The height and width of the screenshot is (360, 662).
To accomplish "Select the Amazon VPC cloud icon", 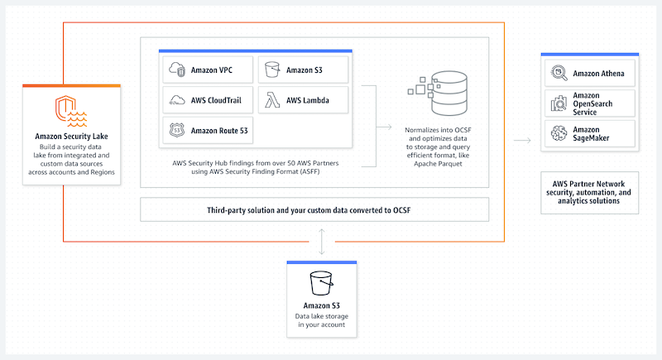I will click(177, 70).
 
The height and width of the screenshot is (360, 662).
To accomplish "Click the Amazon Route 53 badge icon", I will click(177, 130).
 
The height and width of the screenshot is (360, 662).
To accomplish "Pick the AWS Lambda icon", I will click(272, 100).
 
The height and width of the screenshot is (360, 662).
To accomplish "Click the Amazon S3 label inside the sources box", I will click(304, 70).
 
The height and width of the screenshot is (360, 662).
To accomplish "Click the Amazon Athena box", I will click(588, 74).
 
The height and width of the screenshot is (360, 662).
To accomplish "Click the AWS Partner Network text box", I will click(591, 191).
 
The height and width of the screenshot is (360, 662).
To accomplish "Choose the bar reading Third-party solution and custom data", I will click(314, 209).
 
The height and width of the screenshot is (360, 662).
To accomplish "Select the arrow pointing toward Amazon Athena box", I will click(521, 141).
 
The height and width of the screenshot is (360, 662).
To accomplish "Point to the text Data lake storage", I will click(321, 317).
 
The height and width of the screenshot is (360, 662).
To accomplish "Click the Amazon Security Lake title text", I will click(74, 137).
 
